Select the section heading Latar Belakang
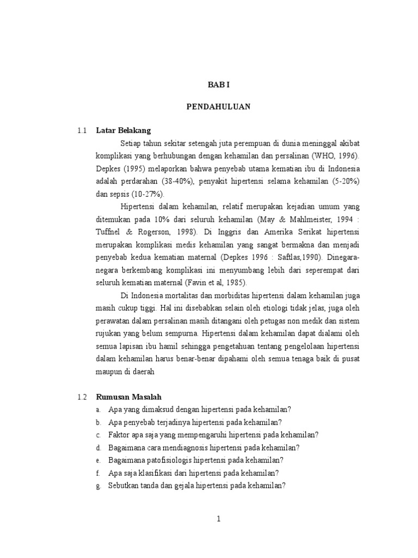point(123,131)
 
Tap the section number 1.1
point(82,131)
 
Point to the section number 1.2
point(82,397)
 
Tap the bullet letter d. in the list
point(99,448)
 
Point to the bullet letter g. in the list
point(99,486)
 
